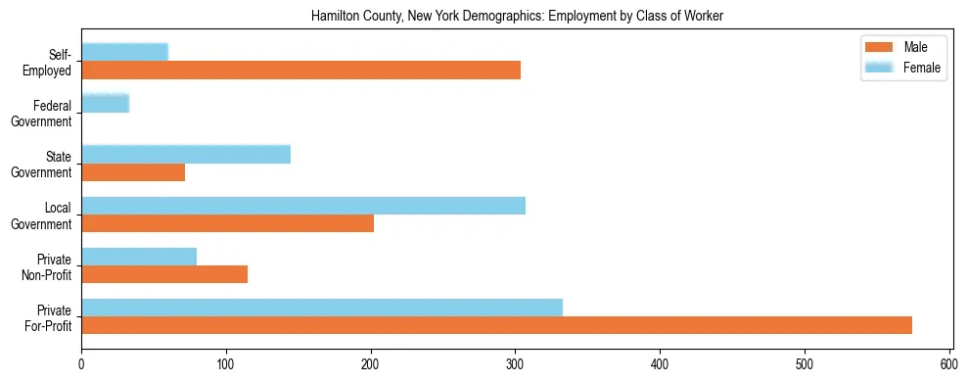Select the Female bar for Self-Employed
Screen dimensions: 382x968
pyautogui.click(x=124, y=52)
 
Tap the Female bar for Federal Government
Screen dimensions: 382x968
pyautogui.click(x=105, y=103)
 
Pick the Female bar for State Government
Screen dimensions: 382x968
pyautogui.click(x=186, y=154)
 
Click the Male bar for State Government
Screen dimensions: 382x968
pyautogui.click(x=133, y=172)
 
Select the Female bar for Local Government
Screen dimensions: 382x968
pyautogui.click(x=303, y=205)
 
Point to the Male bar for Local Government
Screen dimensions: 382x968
pyautogui.click(x=227, y=223)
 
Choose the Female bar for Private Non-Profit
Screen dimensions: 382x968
pyautogui.click(x=139, y=257)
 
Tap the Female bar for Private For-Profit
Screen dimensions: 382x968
pyautogui.click(x=322, y=308)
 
